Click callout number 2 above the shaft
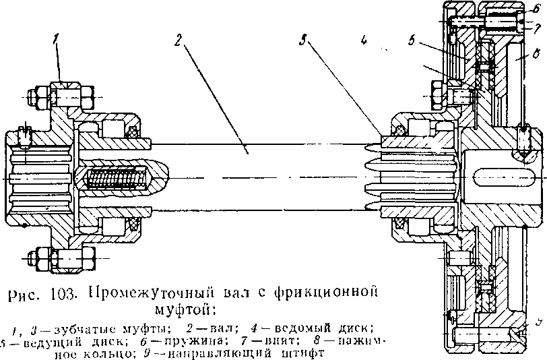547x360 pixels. [x=178, y=40]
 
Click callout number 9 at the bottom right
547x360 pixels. [x=537, y=323]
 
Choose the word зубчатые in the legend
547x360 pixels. [x=71, y=328]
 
